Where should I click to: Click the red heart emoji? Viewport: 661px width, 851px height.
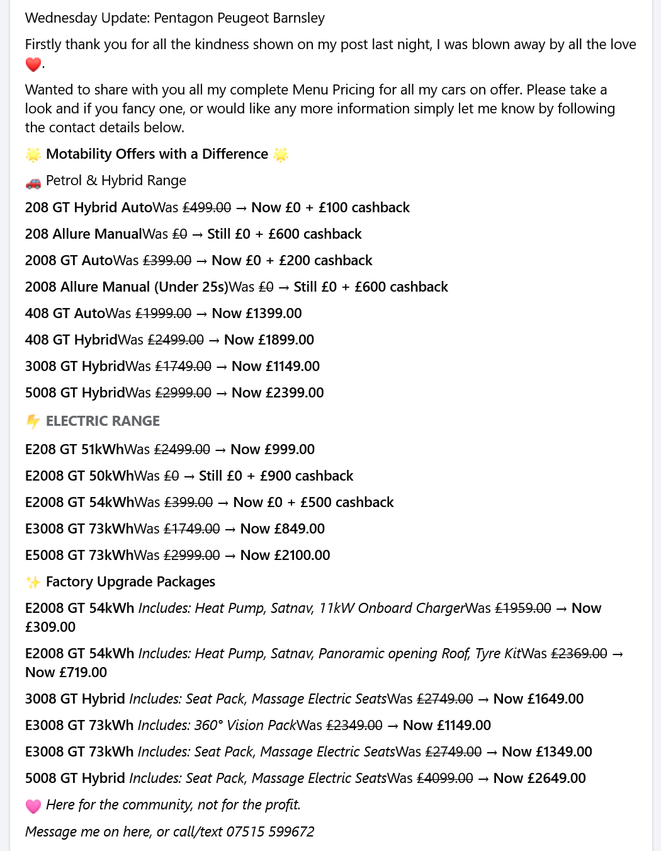pyautogui.click(x=33, y=64)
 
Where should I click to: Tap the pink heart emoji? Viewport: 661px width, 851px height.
pyautogui.click(x=33, y=806)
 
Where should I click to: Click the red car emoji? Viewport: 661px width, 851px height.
pyautogui.click(x=33, y=182)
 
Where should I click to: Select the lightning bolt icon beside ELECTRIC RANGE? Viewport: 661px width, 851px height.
pyautogui.click(x=33, y=421)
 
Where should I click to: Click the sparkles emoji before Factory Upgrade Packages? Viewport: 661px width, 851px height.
pyautogui.click(x=33, y=582)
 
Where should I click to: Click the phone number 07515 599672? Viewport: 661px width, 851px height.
pyautogui.click(x=270, y=831)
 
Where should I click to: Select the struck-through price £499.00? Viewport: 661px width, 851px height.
pyautogui.click(x=206, y=208)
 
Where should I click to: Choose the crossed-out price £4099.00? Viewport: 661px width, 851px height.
pyautogui.click(x=444, y=779)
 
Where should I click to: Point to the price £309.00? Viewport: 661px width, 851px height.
pyautogui.click(x=50, y=627)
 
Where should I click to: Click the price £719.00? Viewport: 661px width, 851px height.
pyautogui.click(x=82, y=673)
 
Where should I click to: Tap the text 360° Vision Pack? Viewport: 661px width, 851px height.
pyautogui.click(x=245, y=726)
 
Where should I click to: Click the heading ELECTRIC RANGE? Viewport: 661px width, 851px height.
pyautogui.click(x=103, y=421)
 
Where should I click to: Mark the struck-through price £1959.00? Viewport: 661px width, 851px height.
pyautogui.click(x=523, y=608)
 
